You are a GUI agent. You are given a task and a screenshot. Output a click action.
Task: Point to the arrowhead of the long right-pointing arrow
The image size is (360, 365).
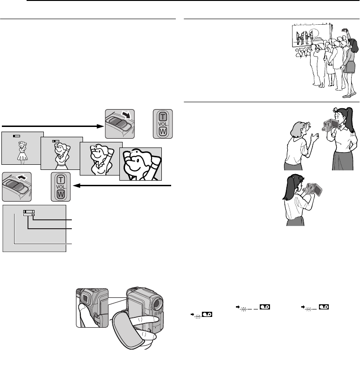click(99, 126)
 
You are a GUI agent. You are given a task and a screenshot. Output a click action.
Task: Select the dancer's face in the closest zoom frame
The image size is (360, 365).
click(137, 161)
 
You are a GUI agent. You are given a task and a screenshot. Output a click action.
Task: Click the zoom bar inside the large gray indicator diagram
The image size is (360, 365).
click(29, 211)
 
